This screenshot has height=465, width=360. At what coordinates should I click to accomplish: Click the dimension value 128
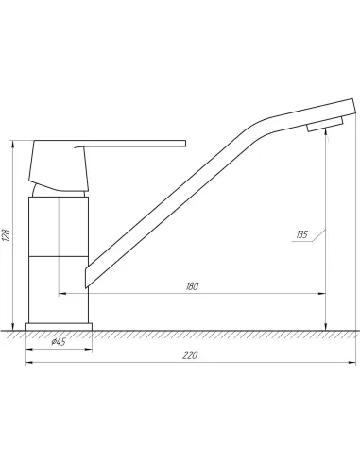(7, 234)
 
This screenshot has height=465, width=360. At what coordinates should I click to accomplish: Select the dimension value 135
(301, 234)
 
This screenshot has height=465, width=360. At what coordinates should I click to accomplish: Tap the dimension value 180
(192, 286)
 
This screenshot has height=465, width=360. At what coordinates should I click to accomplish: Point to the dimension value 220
(190, 355)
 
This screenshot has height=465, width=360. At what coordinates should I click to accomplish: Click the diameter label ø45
(59, 341)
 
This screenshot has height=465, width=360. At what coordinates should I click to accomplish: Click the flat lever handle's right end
(185, 144)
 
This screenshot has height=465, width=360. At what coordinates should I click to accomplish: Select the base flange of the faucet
(59, 327)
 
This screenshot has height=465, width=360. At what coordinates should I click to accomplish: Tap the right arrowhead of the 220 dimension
(352, 363)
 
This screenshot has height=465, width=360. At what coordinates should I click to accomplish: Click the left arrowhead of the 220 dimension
(28, 363)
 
